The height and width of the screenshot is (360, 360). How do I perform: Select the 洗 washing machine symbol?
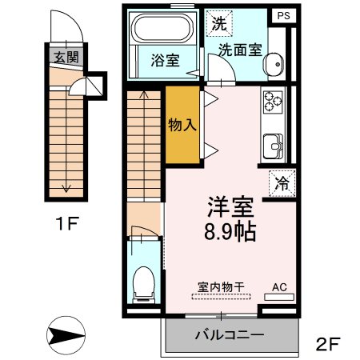click(218, 23)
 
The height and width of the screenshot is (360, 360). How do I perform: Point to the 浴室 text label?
click(164, 59)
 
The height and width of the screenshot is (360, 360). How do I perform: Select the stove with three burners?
click(274, 102)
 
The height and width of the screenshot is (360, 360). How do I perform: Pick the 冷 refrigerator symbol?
click(282, 183)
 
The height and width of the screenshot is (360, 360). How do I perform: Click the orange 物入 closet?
click(182, 126)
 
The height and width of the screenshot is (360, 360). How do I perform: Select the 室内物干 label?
click(220, 286)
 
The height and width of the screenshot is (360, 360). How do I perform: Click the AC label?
click(279, 286)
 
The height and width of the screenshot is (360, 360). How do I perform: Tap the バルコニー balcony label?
click(230, 334)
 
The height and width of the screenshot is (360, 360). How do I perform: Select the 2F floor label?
click(328, 345)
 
